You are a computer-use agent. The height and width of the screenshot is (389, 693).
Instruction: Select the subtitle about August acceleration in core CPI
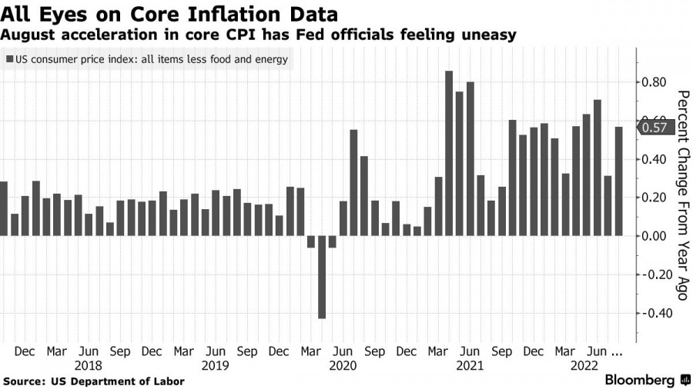tap(258, 35)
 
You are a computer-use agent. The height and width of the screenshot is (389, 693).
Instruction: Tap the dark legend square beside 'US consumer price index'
tap(8, 59)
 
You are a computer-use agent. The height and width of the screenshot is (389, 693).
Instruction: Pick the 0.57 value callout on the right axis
tap(654, 128)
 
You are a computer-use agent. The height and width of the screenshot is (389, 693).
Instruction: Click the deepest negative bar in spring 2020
tap(322, 277)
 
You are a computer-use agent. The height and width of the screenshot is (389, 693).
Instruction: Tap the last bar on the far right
tap(618, 181)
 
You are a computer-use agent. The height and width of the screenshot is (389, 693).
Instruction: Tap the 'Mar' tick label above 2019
tap(183, 351)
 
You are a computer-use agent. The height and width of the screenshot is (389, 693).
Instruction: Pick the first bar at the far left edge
tap(4, 208)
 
